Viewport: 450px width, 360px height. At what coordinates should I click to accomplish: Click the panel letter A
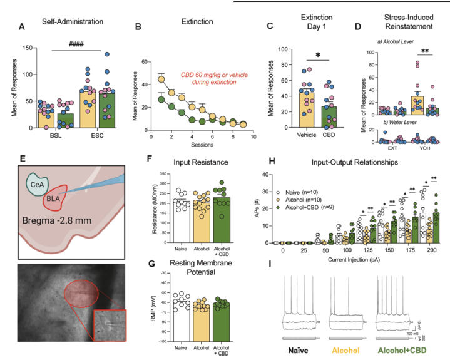pos(23,26)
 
